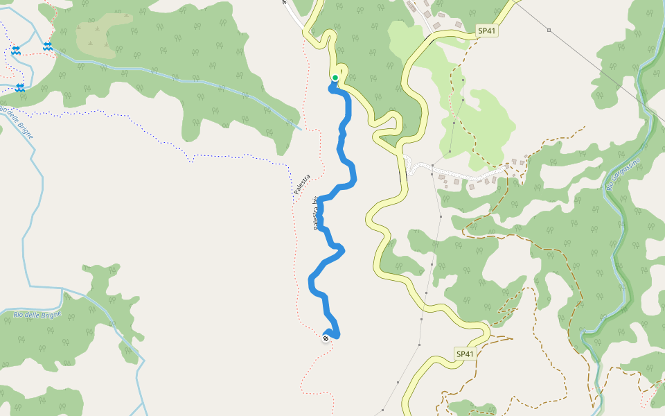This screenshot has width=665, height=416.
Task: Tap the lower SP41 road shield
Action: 465,354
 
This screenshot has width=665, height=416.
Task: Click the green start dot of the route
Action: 335,78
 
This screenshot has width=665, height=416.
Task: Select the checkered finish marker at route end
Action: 326,338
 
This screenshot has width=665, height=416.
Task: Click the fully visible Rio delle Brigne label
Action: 37,315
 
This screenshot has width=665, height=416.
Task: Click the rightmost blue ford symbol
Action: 47,46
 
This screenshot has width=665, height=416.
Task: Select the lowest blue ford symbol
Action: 19,87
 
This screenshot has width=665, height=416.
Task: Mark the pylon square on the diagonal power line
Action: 549,30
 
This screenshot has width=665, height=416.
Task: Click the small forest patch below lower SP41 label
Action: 471,406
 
